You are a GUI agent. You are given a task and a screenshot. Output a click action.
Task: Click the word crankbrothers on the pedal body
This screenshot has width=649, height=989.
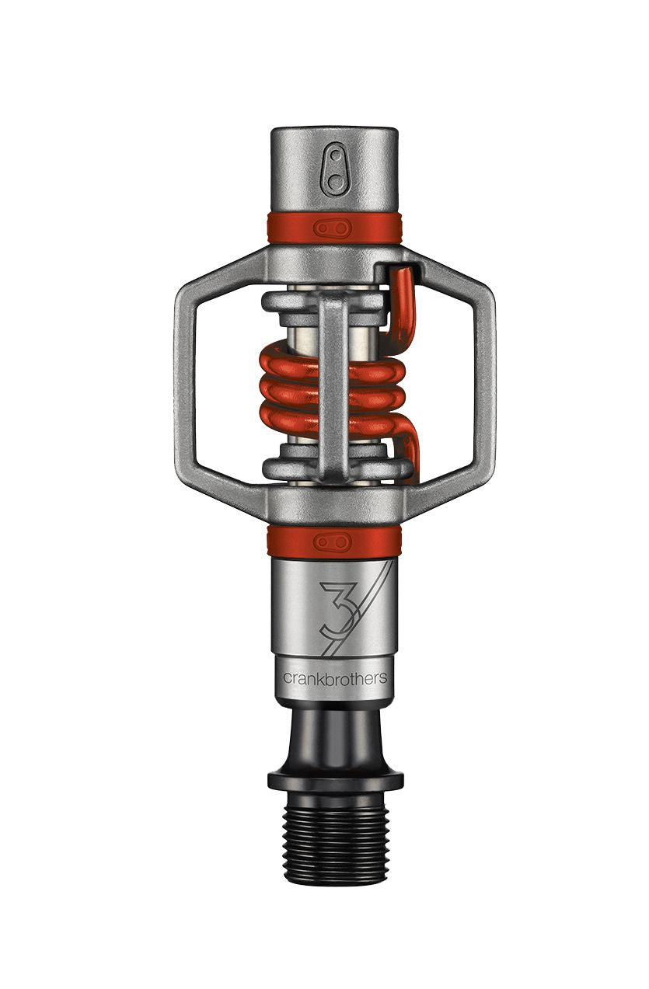pyautogui.click(x=335, y=677)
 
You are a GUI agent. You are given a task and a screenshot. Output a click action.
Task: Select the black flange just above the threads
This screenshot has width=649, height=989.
pyautogui.click(x=335, y=778)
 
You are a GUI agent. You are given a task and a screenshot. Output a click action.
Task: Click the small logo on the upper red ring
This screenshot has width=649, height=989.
pyautogui.click(x=333, y=228)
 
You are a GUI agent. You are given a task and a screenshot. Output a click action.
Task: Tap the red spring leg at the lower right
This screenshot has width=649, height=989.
pyautogui.click(x=410, y=451)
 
